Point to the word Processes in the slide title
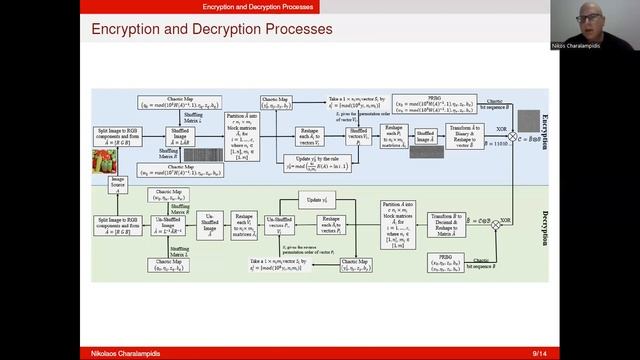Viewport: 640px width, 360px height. click(291, 30)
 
